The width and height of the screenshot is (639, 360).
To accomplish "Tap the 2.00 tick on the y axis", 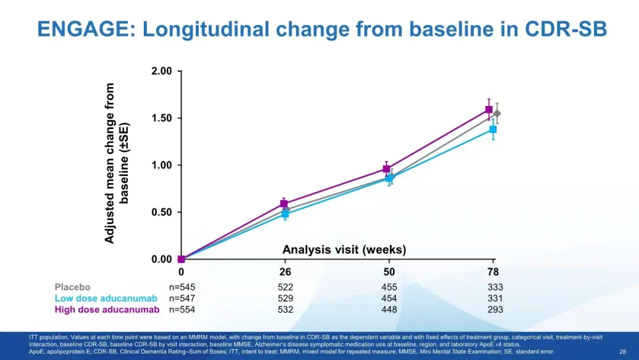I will pos(162,71).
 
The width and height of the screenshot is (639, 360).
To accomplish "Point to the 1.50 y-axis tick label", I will pos(162,118).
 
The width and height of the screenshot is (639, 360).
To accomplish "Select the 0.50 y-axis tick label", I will pos(162,212).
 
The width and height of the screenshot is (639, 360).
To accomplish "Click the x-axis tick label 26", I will pos(285,272).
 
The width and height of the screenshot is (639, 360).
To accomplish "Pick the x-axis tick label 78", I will pos(493,272).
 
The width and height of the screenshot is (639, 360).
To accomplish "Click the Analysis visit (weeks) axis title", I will pos(344,250).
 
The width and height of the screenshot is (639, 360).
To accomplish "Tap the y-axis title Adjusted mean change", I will pos(110,163).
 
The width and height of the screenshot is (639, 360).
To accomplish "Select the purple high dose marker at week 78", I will pos(489,110).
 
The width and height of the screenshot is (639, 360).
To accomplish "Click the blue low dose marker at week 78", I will pos(493,129).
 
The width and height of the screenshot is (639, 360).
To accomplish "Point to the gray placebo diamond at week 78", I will pos(497,113).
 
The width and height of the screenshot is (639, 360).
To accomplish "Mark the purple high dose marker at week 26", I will pos(284,204).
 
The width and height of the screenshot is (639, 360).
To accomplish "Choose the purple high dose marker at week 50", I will pos(386,169).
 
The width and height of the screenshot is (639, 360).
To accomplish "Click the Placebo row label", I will pos(73,287).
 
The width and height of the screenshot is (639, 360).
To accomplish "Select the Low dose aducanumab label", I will pos(106,298).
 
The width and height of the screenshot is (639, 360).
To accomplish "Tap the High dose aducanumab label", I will pos(107,310).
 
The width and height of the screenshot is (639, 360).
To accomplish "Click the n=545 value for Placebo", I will pos(182,287).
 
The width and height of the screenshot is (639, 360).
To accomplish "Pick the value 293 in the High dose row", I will pos(495,310).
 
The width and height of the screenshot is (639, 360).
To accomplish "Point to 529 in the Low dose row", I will pos(285,298).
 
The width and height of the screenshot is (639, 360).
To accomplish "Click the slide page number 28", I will pos(622,352).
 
